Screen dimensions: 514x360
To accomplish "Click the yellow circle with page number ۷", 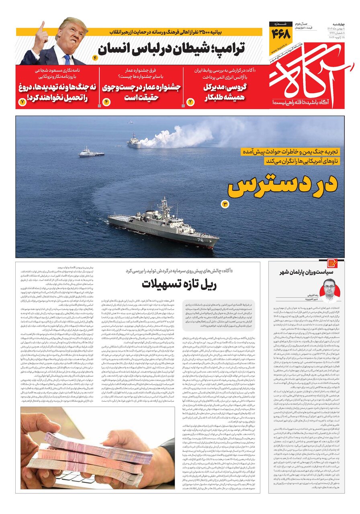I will tap(22, 102).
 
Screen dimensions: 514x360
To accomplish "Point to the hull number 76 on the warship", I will tap(200, 240).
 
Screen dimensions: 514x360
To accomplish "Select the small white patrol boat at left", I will tap(91, 153).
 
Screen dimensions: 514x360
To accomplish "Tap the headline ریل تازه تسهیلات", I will tap(179, 284).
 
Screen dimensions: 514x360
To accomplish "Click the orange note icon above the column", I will tap(332, 263).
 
